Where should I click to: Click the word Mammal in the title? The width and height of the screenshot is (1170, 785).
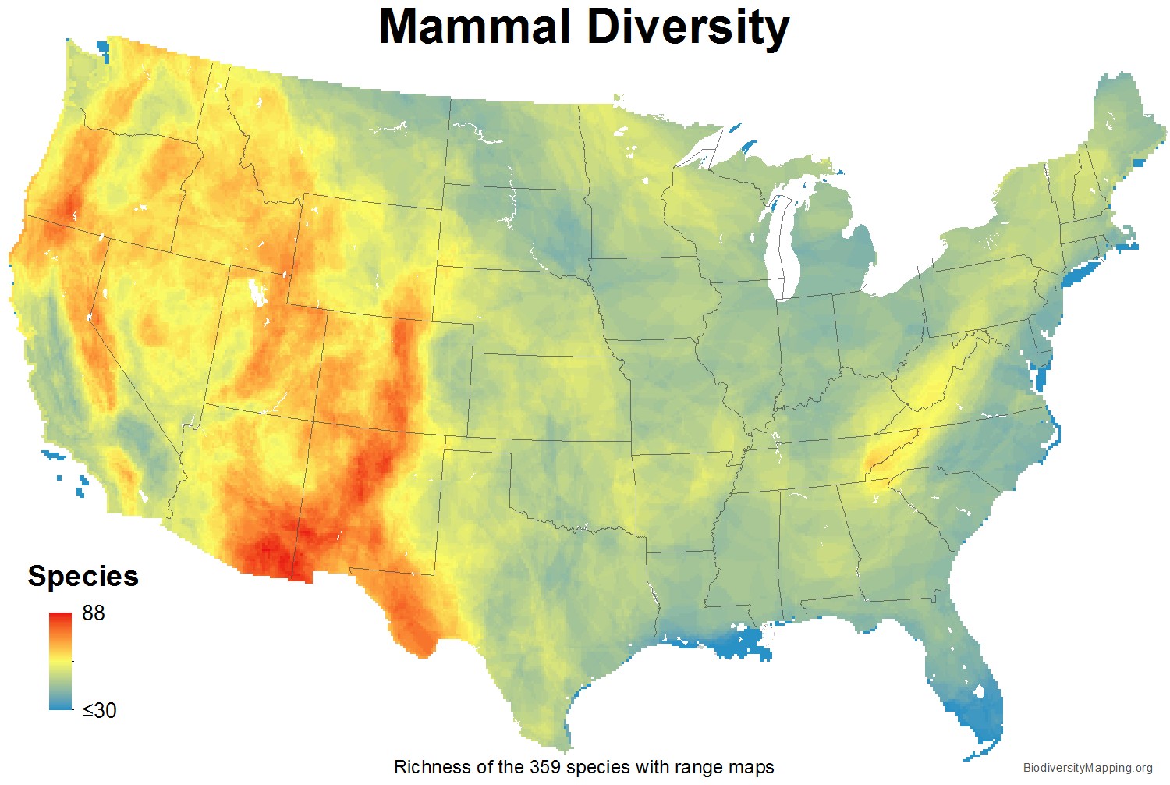(474, 27)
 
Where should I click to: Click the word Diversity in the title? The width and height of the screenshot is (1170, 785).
(687, 27)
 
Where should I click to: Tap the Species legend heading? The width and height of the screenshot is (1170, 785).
(83, 576)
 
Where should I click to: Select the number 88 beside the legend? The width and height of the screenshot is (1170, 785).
(93, 613)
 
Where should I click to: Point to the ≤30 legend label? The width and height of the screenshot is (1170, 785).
(99, 710)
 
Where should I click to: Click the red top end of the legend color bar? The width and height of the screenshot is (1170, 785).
(60, 618)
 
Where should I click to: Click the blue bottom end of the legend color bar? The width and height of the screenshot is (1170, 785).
(60, 705)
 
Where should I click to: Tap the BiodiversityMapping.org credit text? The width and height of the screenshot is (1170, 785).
(1087, 769)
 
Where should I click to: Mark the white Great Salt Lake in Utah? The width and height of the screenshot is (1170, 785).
(255, 292)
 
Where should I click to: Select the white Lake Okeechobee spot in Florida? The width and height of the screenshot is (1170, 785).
(977, 691)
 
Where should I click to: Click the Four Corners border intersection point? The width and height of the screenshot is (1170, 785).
(312, 421)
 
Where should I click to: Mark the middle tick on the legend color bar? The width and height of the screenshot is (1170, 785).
(73, 661)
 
